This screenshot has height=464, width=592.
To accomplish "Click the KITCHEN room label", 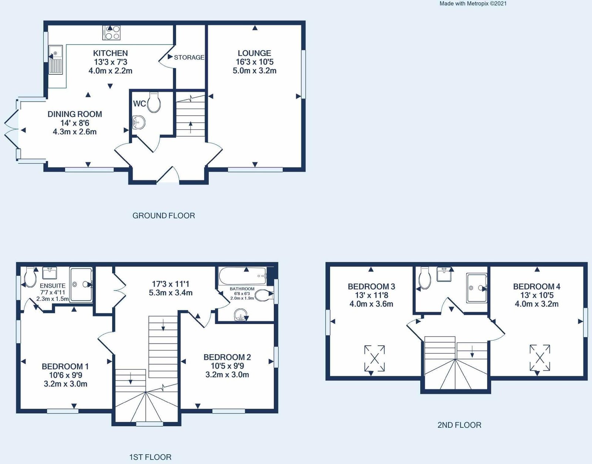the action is click(x=110, y=53).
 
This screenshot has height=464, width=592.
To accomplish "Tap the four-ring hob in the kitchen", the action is click(x=111, y=33).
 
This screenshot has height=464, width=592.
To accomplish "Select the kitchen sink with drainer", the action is click(x=56, y=59).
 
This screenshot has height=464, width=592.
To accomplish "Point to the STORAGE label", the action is click(x=189, y=57).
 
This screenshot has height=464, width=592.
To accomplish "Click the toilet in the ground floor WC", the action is click(x=154, y=102).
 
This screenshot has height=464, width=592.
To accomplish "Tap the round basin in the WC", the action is click(x=139, y=123).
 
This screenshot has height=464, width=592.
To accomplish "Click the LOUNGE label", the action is click(x=255, y=53).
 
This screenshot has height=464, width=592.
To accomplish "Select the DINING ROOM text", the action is click(x=75, y=114).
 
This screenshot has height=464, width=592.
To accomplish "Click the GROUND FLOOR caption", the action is click(x=164, y=216).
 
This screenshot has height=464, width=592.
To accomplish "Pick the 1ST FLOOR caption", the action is click(x=150, y=457).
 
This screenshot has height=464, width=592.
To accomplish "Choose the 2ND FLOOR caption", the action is click(x=459, y=425).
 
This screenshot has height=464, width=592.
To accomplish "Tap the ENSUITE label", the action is click(x=53, y=286).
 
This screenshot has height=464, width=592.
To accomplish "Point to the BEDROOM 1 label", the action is click(x=65, y=366).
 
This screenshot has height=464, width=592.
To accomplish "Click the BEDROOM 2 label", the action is click(x=227, y=357).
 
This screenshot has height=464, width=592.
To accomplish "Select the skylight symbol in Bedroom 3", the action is click(x=374, y=358).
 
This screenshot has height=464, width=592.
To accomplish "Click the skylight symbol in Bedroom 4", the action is click(x=540, y=358).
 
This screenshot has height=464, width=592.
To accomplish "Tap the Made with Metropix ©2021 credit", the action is click(x=473, y=4).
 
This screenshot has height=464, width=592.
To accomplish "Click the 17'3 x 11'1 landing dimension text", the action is click(x=171, y=284).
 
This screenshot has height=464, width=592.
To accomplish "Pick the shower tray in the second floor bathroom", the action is click(x=477, y=288).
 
